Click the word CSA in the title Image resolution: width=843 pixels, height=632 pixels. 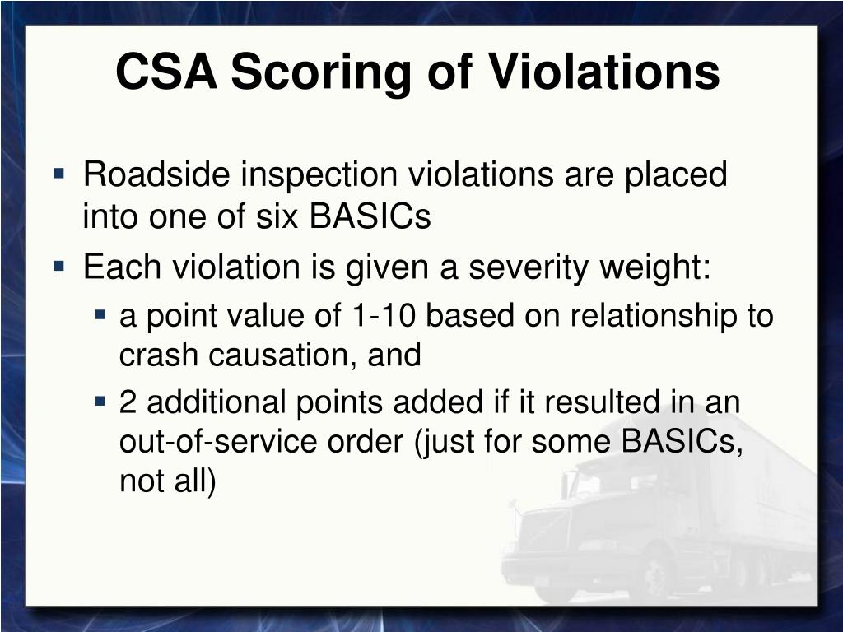pos(166,72)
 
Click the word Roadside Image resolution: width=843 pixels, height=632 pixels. pos(156,174)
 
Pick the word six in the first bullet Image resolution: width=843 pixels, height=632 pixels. pos(277,216)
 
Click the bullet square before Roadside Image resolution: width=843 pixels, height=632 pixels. pos(59,174)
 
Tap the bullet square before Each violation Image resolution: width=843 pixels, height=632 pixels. pos(59,266)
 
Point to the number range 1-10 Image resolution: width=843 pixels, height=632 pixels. pos(384,315)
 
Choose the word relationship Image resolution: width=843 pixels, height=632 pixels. pos(654,316)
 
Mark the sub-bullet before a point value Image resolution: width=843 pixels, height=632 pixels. pos(100,314)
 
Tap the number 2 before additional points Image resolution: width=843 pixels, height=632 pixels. pos(128,402)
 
